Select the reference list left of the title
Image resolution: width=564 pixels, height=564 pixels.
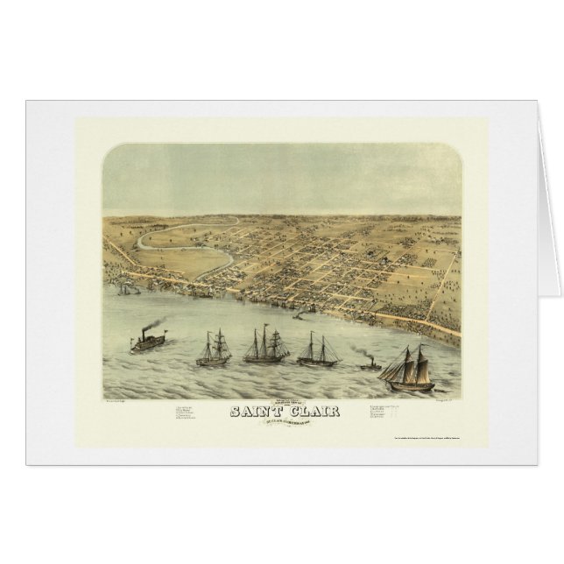pyautogui.click(x=194, y=412)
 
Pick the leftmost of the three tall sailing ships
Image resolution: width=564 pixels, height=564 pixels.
pyautogui.click(x=214, y=349)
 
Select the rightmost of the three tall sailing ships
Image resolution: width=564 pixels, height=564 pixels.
pyautogui.click(x=318, y=350)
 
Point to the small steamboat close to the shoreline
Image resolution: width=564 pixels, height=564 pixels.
pyautogui.click(x=301, y=313)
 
